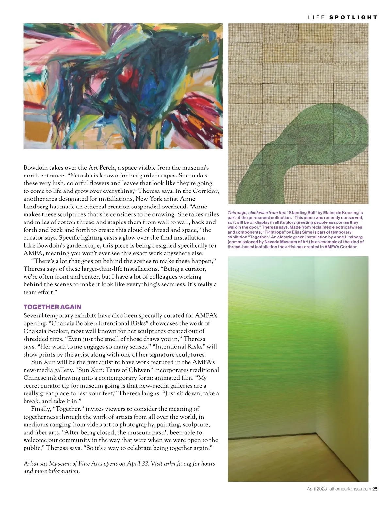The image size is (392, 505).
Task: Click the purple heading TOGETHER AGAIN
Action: pyautogui.click(x=52, y=307)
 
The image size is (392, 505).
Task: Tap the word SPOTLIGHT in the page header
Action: pyautogui.click(x=353, y=17)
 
